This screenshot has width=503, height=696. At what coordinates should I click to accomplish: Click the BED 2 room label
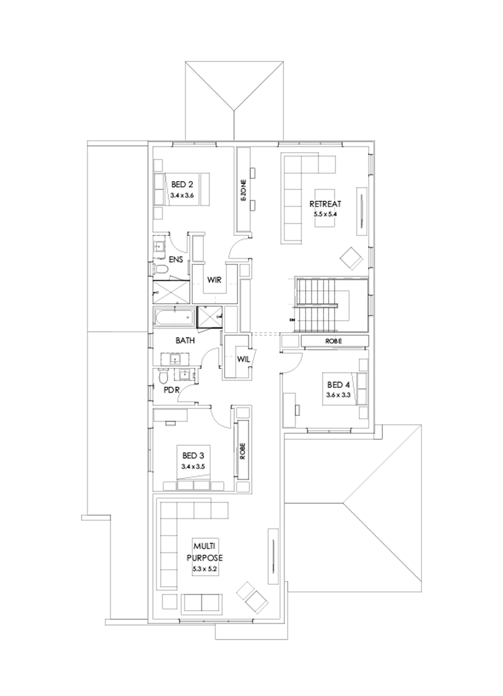coord(182,184)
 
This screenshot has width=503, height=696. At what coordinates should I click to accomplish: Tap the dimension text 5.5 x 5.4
coord(325,214)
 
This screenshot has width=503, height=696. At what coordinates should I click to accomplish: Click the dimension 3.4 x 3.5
coord(193,466)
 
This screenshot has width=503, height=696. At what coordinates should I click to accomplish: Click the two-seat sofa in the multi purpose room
coord(201,602)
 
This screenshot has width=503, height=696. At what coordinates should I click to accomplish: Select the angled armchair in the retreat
coord(352,258)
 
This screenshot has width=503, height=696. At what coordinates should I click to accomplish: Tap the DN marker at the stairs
coord(292,320)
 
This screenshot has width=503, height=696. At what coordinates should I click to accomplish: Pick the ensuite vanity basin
coord(160,246)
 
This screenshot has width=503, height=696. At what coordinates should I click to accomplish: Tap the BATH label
coord(185,340)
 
